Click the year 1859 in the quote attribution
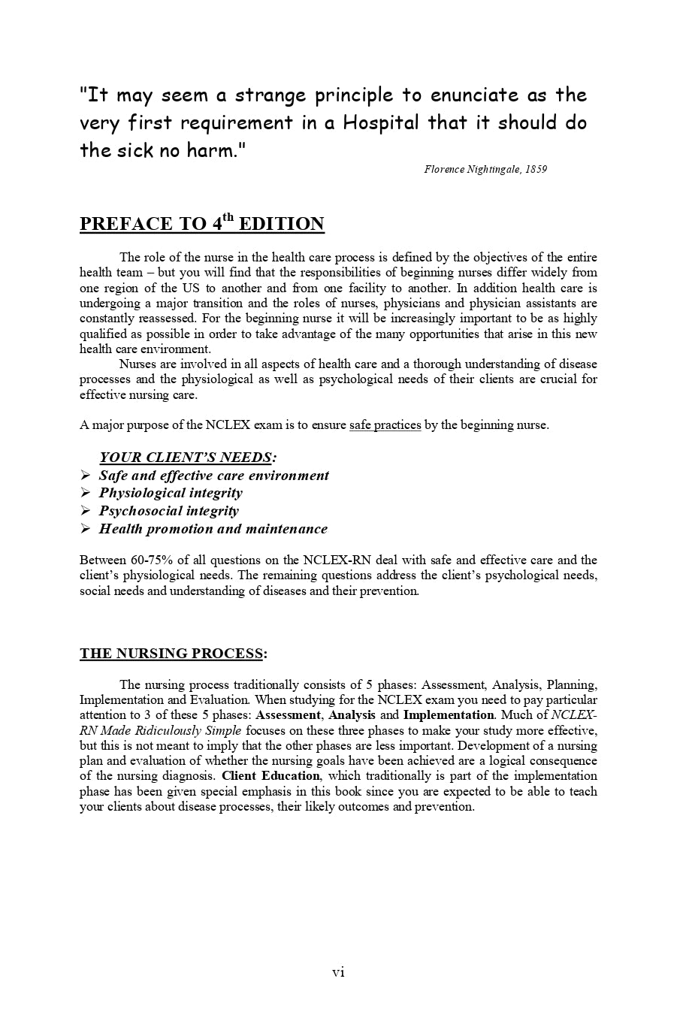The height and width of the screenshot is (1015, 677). [536, 169]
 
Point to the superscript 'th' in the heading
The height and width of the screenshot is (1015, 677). [227, 218]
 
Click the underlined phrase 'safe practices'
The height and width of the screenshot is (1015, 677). [385, 425]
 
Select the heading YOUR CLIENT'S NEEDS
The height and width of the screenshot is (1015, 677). [186, 458]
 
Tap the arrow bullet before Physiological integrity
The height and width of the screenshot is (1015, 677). [85, 493]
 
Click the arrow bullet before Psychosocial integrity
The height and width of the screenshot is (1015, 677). [85, 511]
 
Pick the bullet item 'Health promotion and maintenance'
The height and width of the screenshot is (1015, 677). [213, 529]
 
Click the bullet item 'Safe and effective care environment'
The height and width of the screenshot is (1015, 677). [214, 476]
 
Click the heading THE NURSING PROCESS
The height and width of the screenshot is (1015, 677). [171, 654]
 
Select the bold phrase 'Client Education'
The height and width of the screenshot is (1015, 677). [271, 776]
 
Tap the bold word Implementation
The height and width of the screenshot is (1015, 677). [448, 715]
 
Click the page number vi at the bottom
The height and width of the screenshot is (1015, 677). [338, 972]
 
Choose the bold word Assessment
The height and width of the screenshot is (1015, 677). [289, 715]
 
